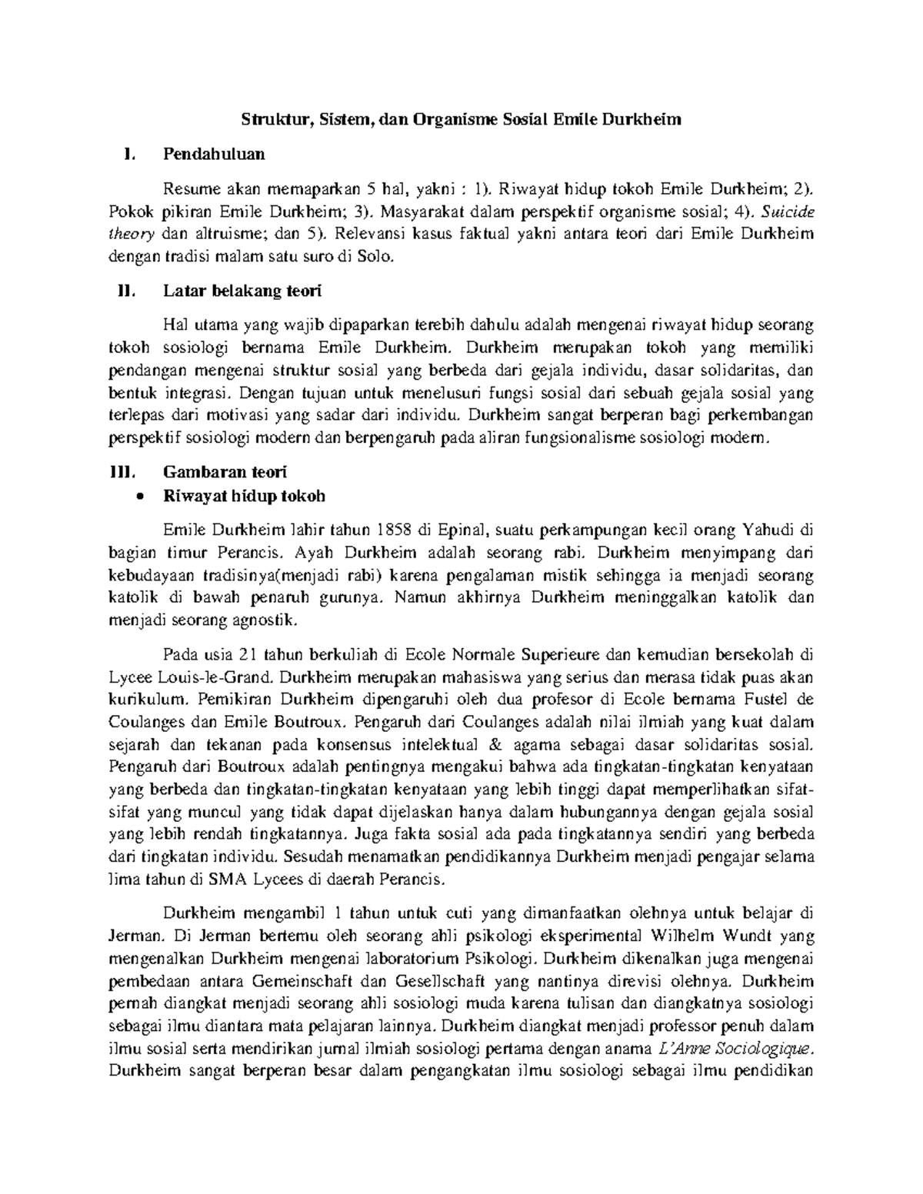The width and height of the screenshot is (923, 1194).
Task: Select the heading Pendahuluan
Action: (213, 154)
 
